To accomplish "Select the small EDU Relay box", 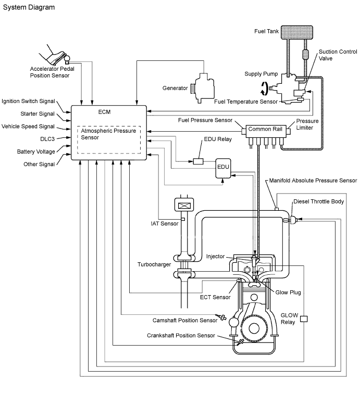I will click(x=198, y=161).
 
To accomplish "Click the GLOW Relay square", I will click(x=304, y=319).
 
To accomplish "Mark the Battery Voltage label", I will click(x=36, y=151).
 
